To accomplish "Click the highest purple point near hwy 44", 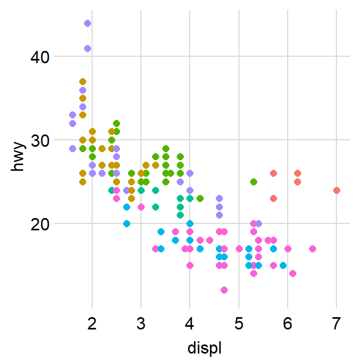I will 87,23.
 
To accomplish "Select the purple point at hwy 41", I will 87,48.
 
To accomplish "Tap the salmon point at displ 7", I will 336,190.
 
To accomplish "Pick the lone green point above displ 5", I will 253,182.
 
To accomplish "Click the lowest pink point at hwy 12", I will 224,290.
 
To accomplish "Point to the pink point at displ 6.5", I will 312,249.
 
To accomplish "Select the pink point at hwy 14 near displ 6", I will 292,273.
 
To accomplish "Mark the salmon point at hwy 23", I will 273,198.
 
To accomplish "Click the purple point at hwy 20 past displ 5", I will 259,223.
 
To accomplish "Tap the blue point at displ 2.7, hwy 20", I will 126,223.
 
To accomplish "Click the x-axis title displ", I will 205,348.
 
